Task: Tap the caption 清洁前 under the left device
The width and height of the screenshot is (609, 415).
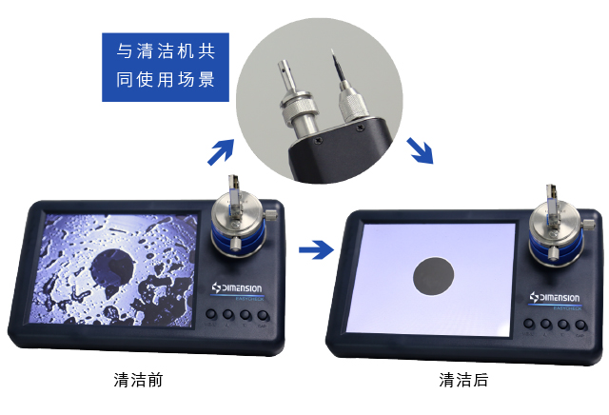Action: [x=138, y=380]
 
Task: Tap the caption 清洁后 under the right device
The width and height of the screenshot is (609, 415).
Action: [x=463, y=380]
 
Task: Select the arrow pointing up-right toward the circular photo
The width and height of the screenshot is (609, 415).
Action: [x=221, y=150]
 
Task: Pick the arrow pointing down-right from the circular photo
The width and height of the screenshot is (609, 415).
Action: [x=420, y=149]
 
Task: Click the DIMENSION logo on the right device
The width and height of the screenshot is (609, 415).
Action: [x=559, y=297]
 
